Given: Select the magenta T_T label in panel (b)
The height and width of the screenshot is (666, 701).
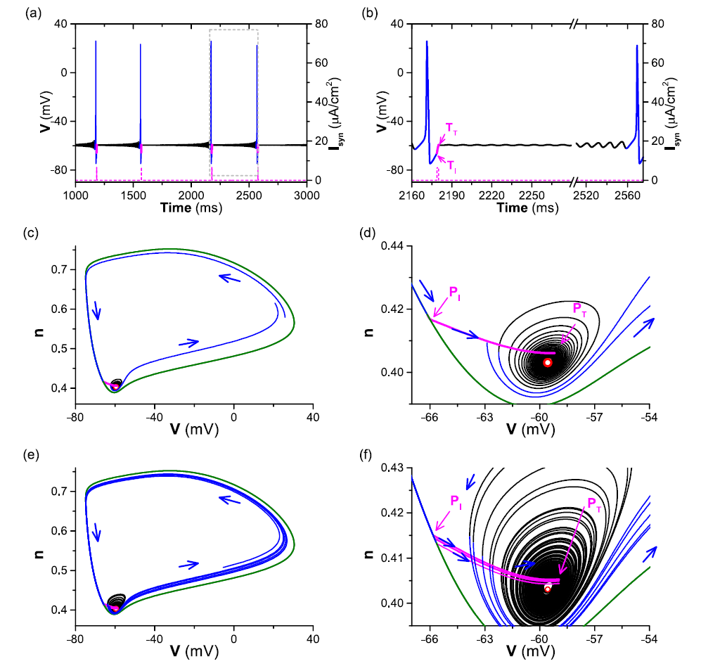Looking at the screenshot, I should click(x=451, y=127).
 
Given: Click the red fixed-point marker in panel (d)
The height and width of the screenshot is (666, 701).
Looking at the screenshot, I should click(x=547, y=362).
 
